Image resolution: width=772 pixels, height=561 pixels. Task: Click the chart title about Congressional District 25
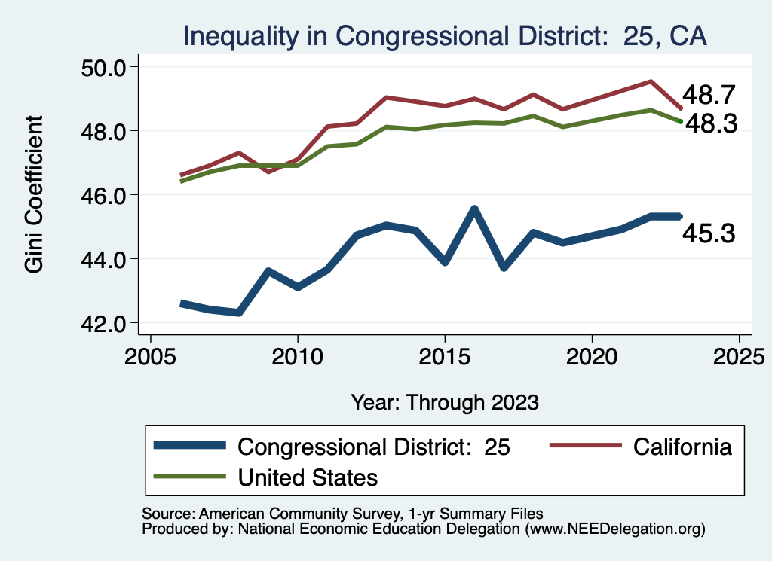click(x=445, y=35)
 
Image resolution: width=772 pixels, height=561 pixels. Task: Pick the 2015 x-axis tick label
click(x=445, y=355)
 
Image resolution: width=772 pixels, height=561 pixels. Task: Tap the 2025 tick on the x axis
click(x=739, y=355)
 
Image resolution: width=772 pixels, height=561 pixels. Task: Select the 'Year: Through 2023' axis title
click(x=445, y=401)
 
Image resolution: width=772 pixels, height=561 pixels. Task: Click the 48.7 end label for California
click(x=709, y=95)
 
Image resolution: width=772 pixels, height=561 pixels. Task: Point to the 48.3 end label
click(x=709, y=125)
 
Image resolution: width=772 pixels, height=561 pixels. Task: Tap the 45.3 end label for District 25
click(x=709, y=233)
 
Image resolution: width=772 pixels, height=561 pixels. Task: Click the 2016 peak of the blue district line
click(x=474, y=209)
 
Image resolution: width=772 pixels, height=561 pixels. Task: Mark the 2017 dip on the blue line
click(x=504, y=267)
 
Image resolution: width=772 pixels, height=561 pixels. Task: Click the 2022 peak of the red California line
click(x=651, y=81)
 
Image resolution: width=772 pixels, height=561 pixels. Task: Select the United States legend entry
click(x=308, y=477)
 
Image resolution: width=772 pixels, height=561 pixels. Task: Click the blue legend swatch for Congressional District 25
click(x=189, y=447)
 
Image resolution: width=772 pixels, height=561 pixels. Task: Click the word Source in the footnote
click(x=163, y=513)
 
